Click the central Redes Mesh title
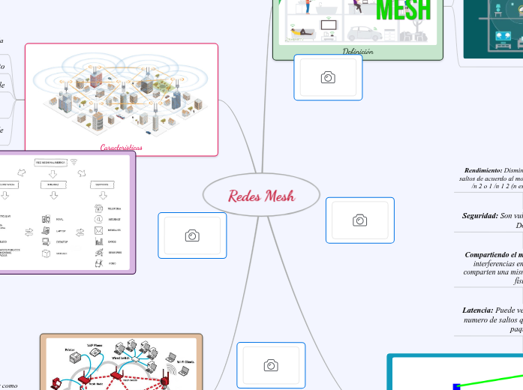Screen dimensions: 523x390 point(261,196)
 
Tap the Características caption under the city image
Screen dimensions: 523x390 point(122,148)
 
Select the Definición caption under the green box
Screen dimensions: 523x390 point(358,52)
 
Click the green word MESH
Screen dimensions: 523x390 point(404,10)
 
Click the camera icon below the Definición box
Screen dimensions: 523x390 point(328,77)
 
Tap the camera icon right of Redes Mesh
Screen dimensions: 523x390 point(360,220)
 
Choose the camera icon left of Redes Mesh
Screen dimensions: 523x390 point(192,235)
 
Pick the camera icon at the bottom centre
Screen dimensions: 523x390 point(271,365)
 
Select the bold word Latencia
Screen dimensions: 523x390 point(478,309)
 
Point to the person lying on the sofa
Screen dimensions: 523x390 point(299,33)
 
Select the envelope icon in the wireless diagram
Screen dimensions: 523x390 point(98,230)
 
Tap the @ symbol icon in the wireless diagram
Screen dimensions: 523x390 point(98,219)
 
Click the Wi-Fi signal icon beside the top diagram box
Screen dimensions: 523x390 point(74,161)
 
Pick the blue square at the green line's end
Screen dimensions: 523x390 point(456,386)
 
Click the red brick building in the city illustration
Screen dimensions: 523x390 point(96,77)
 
